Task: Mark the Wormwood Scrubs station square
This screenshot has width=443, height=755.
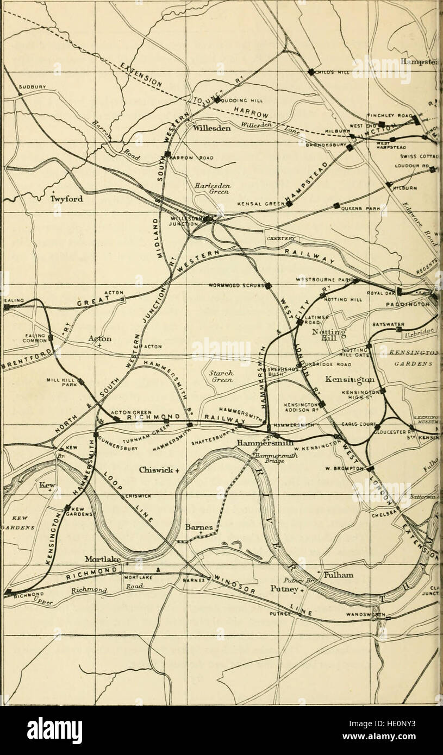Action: pyautogui.click(x=267, y=286)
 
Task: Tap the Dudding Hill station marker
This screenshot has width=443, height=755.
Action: pyautogui.click(x=216, y=100)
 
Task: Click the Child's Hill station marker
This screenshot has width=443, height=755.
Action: pyautogui.click(x=310, y=72)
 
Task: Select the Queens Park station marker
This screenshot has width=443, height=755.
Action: pyautogui.click(x=337, y=206)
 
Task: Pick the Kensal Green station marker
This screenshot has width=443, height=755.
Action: pyautogui.click(x=290, y=204)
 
